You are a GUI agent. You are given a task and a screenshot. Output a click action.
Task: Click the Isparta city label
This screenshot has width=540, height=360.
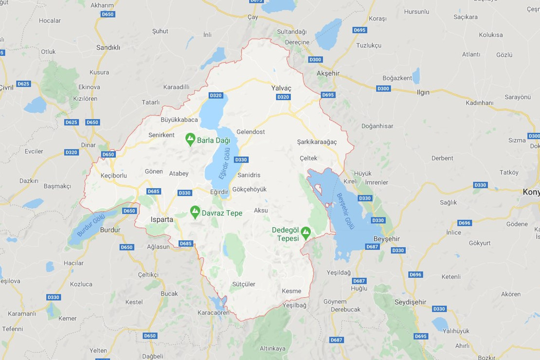coord(162,219)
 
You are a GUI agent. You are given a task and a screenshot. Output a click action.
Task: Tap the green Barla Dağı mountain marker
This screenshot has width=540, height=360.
coord(191,140)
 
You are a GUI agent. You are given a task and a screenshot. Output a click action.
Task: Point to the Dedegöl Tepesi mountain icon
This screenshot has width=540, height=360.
coord(306,233)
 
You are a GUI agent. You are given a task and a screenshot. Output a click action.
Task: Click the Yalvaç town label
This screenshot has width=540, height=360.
coord(281,88)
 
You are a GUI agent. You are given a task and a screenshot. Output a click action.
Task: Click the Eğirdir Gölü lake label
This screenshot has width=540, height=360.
coord(224,165)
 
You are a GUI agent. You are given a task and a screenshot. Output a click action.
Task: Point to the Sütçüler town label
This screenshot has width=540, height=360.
coord(244,284)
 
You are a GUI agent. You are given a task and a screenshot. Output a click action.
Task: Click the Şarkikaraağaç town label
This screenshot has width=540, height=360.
coord(317,142)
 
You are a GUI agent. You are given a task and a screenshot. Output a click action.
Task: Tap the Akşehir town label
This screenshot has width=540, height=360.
coord(328,73)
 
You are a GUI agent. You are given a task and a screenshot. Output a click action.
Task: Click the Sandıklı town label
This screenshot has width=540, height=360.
coord(108,48)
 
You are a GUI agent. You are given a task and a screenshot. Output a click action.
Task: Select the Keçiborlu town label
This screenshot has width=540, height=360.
coord(113,175)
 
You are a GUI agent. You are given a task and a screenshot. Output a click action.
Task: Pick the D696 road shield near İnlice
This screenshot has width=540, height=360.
coord(465,223)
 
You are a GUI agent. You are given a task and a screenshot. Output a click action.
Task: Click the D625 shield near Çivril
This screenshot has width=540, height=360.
coord(23,84)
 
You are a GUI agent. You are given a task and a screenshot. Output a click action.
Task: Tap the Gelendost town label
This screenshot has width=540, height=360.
coord(251,132)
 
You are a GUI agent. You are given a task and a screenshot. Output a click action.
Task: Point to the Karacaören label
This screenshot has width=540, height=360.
coord(213,313)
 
